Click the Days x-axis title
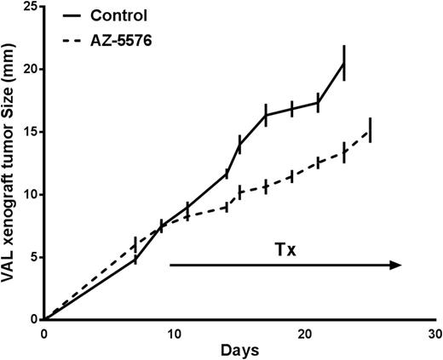[239, 351]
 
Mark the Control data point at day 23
[343, 63]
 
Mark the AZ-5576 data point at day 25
[370, 130]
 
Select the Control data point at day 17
[266, 115]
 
